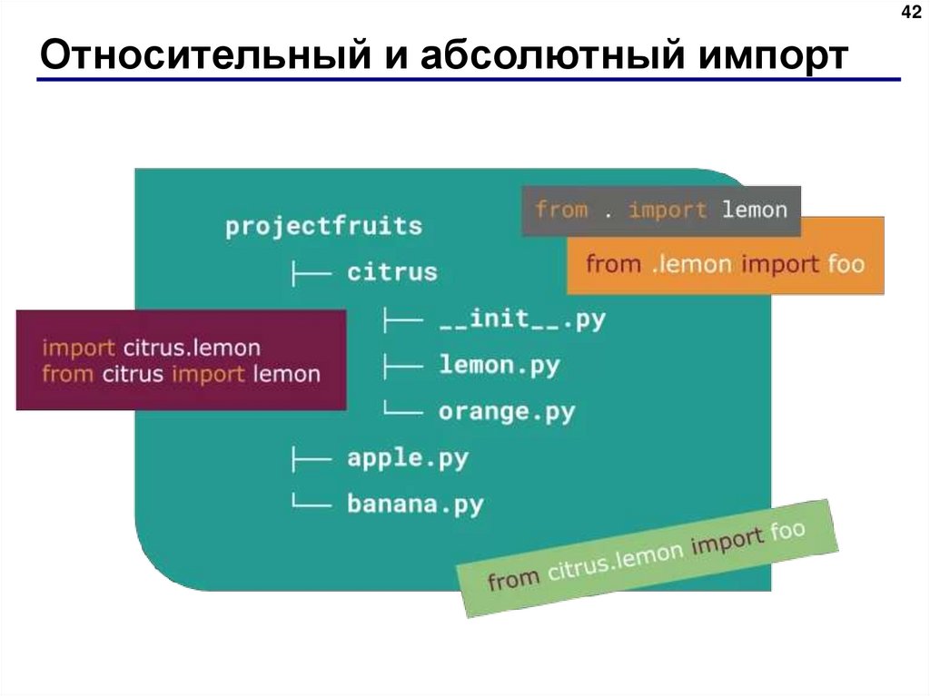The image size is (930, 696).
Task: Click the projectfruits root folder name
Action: tap(324, 225)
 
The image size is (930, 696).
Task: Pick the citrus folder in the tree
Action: tap(392, 271)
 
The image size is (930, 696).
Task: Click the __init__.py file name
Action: tap(521, 319)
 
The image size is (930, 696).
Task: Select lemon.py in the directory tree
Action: tap(500, 366)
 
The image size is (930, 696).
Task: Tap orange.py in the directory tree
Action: tap(507, 413)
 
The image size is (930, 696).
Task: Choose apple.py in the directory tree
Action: tap(408, 458)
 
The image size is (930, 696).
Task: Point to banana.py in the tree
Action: tap(415, 504)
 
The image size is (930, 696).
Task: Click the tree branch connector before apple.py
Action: tap(310, 459)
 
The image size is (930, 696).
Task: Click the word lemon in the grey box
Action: tap(754, 211)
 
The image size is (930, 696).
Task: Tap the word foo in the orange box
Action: tap(846, 264)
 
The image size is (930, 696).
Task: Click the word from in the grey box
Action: tap(561, 211)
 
